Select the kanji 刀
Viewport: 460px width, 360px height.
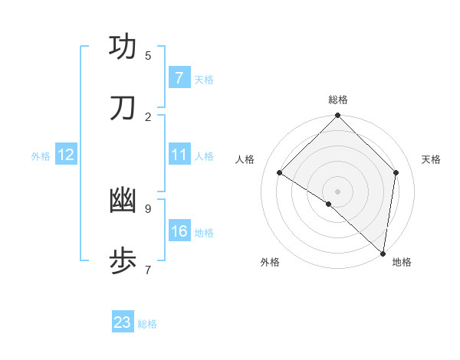tap(123, 108)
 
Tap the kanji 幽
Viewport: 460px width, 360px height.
tap(123, 200)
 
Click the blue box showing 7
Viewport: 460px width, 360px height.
tap(179, 78)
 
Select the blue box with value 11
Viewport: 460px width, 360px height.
tap(179, 155)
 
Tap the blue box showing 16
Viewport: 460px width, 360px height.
tap(179, 231)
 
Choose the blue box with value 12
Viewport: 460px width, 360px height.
tap(65, 155)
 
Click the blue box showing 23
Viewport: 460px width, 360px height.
tap(122, 322)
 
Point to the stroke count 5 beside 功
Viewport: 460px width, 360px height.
tap(148, 55)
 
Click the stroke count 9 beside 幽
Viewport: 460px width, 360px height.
tap(148, 208)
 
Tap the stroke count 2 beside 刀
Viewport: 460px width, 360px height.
tap(148, 116)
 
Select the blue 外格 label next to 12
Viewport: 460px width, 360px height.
tap(41, 156)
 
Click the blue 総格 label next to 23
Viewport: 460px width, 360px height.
tap(147, 324)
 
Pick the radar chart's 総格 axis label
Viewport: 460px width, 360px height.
tap(338, 100)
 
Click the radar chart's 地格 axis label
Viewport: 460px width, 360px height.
tap(402, 262)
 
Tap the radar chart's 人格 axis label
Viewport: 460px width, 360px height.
tap(245, 159)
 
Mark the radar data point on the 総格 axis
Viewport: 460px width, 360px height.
tap(338, 116)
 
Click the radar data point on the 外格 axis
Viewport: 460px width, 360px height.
tap(329, 204)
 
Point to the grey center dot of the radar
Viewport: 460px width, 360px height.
tap(338, 191)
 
